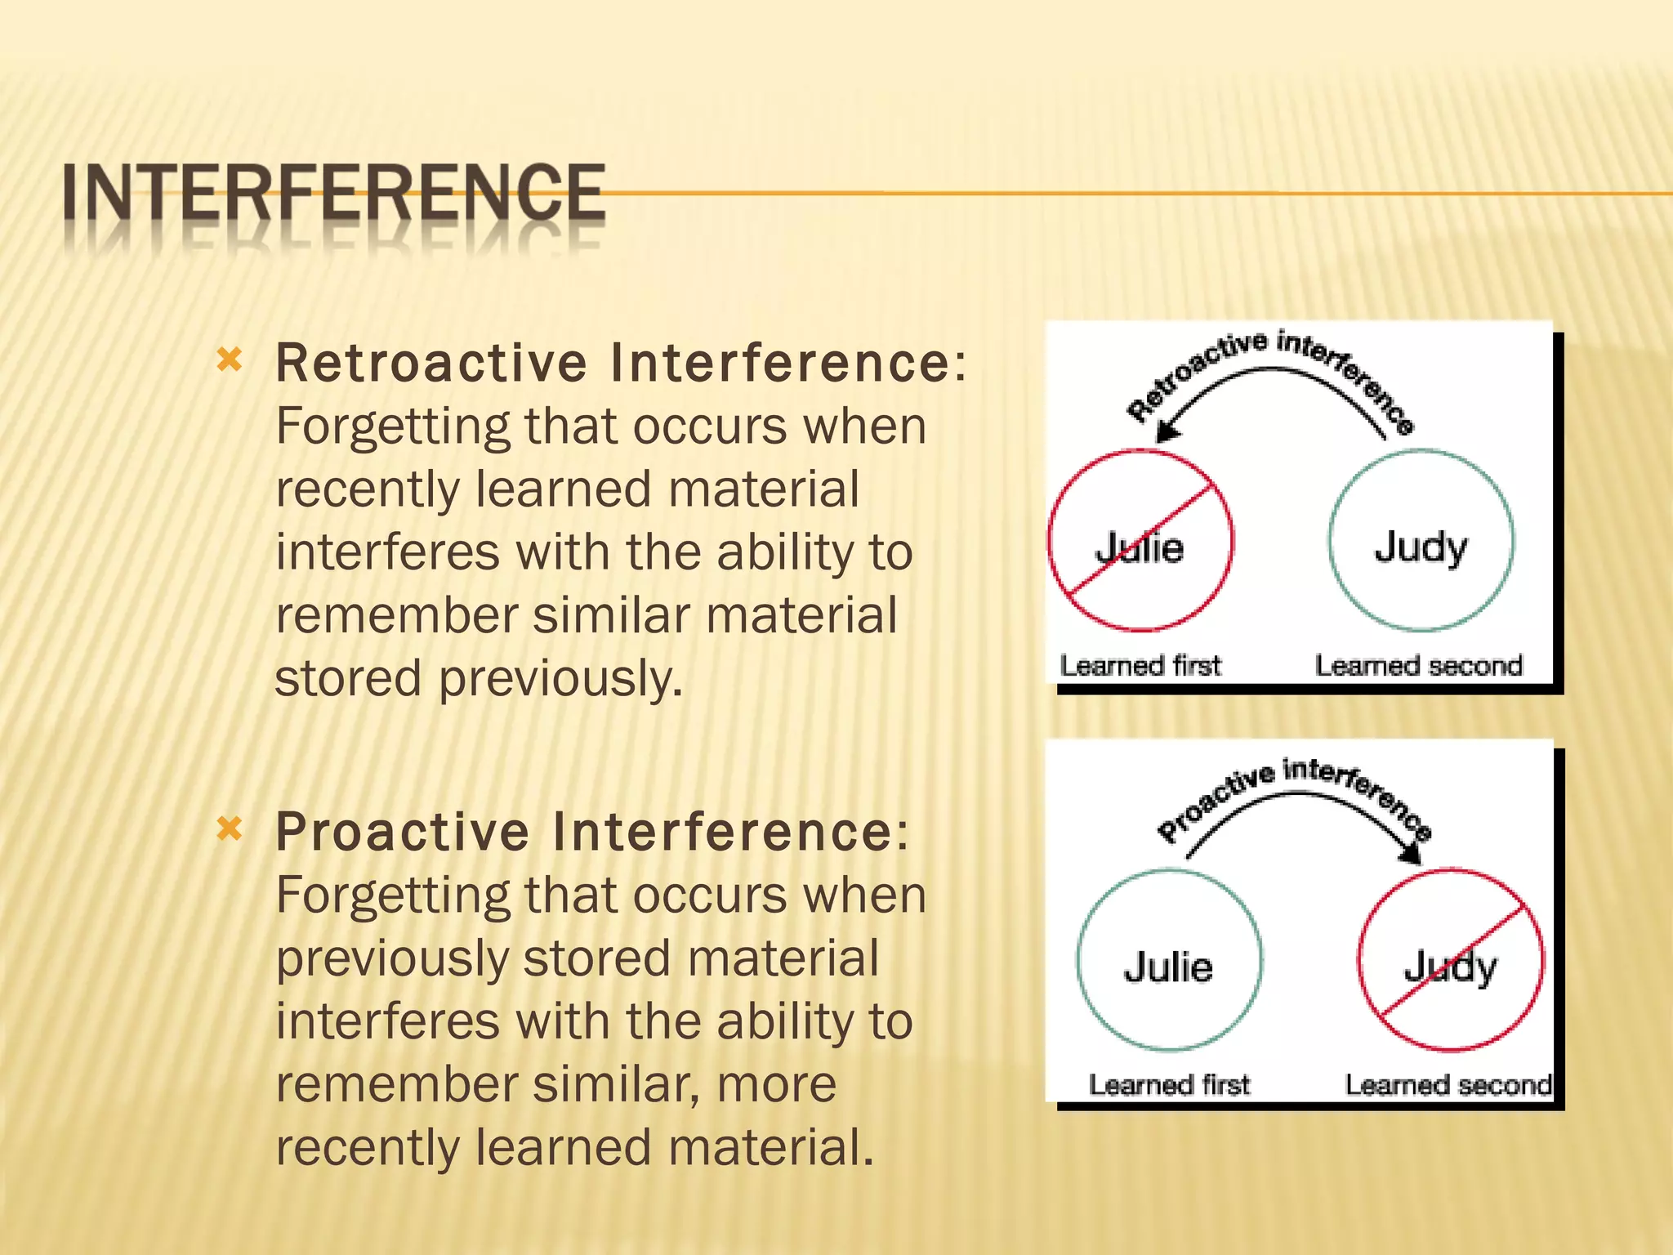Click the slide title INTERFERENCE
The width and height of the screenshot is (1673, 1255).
click(x=333, y=193)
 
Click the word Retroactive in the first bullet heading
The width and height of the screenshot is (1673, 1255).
click(x=431, y=363)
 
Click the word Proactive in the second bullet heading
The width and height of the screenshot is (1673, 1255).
click(x=402, y=832)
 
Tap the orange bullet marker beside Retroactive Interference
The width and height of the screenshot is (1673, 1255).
click(x=230, y=360)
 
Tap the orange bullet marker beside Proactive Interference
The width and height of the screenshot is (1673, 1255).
click(x=230, y=829)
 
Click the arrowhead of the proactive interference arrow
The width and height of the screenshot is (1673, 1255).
click(x=1411, y=855)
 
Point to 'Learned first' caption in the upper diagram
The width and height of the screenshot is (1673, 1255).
click(x=1140, y=666)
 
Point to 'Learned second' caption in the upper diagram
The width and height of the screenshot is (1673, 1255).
click(x=1418, y=666)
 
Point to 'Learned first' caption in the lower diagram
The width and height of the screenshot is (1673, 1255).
click(x=1169, y=1085)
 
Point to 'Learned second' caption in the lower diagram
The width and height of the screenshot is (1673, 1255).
click(x=1448, y=1085)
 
